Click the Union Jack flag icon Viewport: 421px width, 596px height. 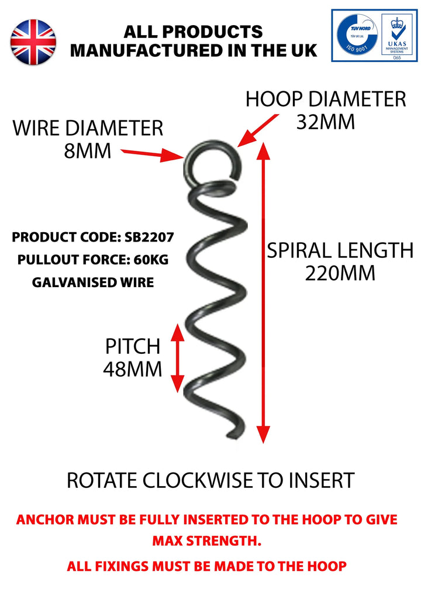(33, 41)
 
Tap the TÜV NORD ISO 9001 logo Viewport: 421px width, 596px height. (356, 35)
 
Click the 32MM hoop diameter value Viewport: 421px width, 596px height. (325, 122)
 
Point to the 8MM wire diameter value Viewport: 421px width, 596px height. (87, 151)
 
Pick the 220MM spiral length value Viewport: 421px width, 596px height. (340, 273)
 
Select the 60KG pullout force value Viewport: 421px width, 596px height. (151, 260)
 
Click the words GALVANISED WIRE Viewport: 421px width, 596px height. (93, 283)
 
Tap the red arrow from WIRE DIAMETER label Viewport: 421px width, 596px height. (153, 154)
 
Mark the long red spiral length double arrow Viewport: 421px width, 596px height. (264, 292)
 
